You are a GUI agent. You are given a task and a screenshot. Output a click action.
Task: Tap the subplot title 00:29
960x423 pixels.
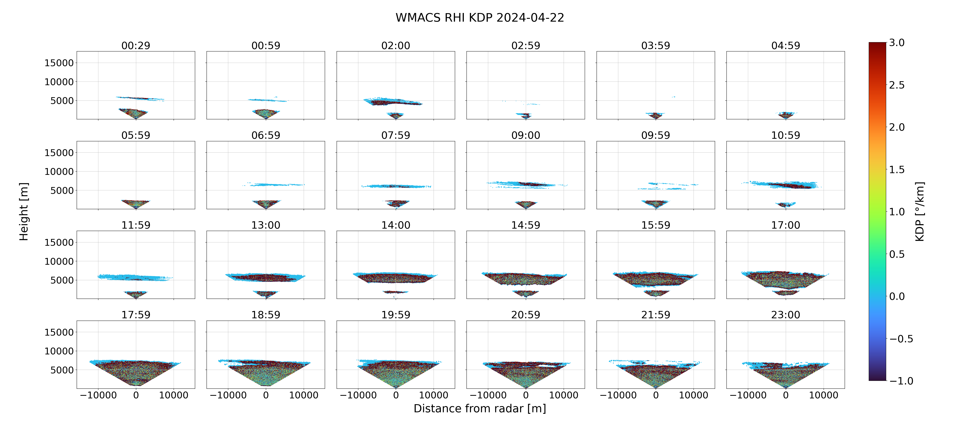pyautogui.click(x=136, y=45)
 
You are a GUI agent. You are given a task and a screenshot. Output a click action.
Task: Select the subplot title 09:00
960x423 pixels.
pyautogui.click(x=526, y=135)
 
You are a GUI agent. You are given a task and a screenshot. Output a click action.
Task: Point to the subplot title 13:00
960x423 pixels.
pyautogui.click(x=266, y=225)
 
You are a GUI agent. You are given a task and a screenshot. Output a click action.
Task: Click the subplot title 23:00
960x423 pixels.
pyautogui.click(x=786, y=315)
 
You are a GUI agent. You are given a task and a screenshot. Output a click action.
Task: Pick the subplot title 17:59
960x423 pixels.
pyautogui.click(x=136, y=315)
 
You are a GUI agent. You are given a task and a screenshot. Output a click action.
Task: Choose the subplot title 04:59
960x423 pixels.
pyautogui.click(x=786, y=45)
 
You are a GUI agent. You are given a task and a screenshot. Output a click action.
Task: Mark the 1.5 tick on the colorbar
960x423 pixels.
pyautogui.click(x=897, y=169)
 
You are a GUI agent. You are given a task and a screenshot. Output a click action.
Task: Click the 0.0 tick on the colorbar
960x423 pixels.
pyautogui.click(x=897, y=296)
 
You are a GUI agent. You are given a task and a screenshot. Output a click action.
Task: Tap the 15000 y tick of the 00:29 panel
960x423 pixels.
pyautogui.click(x=59, y=63)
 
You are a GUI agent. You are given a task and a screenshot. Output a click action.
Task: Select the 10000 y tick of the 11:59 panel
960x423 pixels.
pyautogui.click(x=59, y=261)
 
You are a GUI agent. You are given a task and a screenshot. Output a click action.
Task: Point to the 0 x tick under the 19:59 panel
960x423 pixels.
pyautogui.click(x=396, y=395)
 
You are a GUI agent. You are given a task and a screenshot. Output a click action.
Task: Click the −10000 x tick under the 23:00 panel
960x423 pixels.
pyautogui.click(x=748, y=395)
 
